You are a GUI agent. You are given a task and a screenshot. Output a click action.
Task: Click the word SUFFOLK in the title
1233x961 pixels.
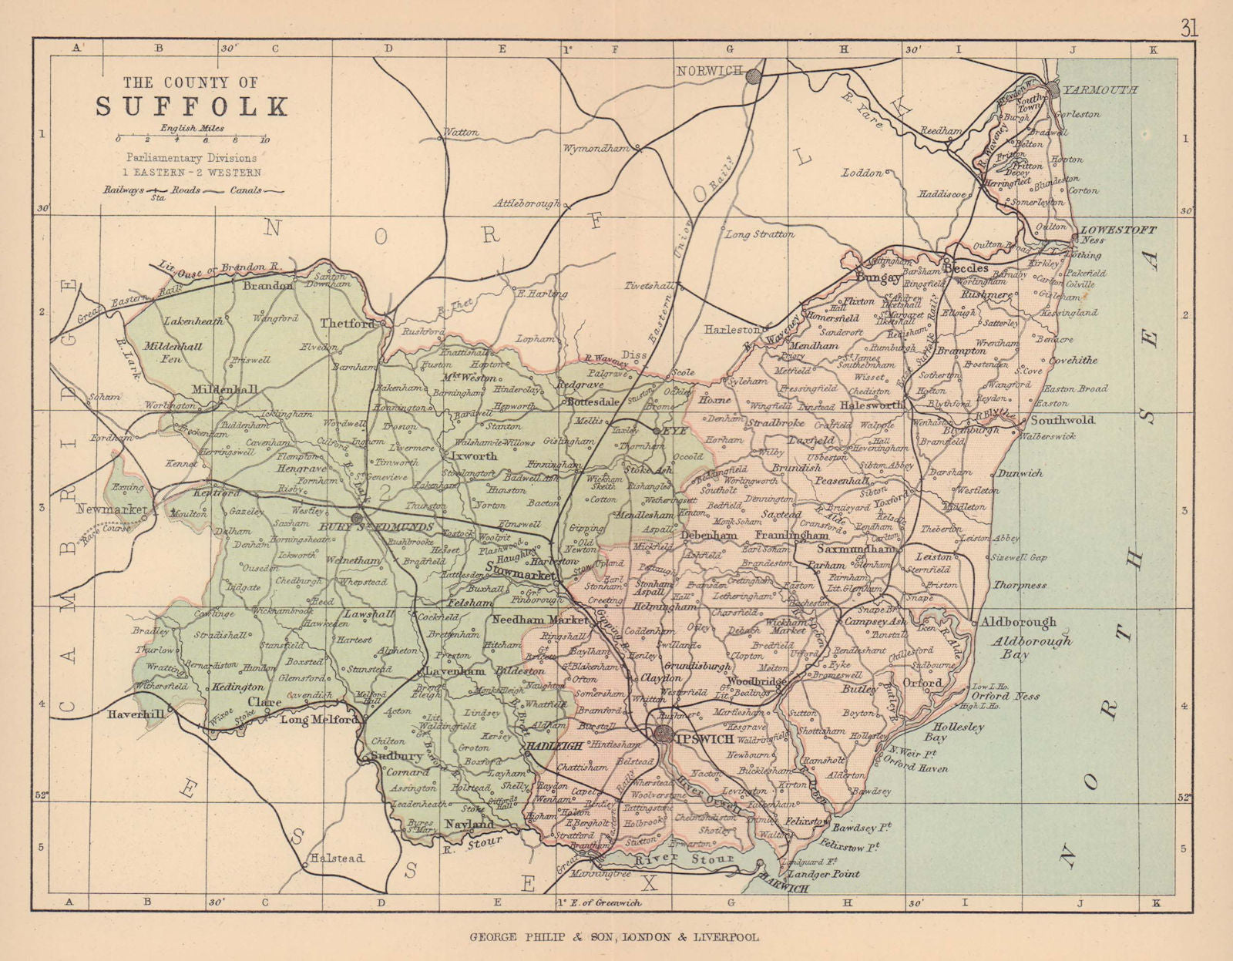(192, 106)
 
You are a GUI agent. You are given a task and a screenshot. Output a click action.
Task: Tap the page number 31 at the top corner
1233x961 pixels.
(1188, 29)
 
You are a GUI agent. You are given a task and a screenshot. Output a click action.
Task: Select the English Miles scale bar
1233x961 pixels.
(191, 139)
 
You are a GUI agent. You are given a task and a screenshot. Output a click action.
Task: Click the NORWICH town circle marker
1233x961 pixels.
(754, 76)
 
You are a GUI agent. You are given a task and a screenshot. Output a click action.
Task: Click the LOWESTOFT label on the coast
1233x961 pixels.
(1118, 230)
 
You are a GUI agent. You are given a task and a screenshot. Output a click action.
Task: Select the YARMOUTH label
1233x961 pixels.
(1100, 90)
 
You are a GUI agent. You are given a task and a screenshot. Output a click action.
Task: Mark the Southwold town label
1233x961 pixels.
(1062, 421)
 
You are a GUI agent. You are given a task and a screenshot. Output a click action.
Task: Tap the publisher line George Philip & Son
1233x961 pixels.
(614, 938)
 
